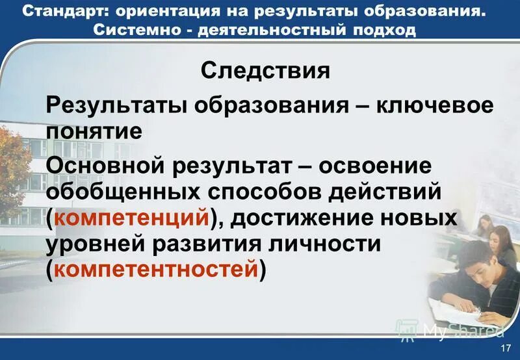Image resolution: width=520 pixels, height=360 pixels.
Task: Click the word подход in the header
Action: point(382,31)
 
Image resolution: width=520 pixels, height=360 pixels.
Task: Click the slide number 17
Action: point(506,350)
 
